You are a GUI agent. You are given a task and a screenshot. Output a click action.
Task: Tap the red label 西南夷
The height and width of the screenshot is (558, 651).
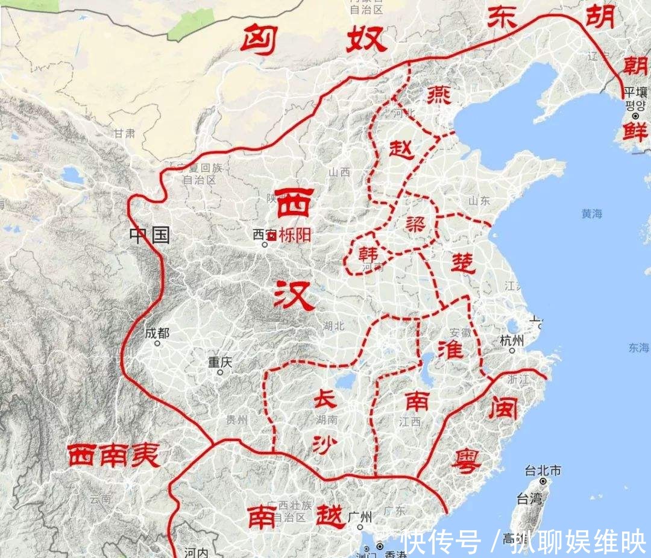click(113, 456)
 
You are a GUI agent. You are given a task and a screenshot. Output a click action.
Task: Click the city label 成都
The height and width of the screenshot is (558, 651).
click(157, 333)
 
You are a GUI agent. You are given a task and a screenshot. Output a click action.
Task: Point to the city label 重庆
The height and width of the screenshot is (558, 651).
click(220, 362)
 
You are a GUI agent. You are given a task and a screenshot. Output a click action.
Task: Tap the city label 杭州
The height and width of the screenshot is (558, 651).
click(512, 340)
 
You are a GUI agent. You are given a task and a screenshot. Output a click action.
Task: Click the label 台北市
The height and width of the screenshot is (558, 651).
click(543, 470)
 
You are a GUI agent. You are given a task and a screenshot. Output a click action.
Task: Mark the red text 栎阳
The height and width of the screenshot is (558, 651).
click(295, 235)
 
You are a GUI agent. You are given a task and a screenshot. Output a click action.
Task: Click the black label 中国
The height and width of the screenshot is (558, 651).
click(149, 235)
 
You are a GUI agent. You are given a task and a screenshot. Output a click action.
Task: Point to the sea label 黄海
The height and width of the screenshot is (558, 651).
click(592, 213)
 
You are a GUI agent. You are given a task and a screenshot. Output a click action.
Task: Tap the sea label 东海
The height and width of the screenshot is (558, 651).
click(638, 348)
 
